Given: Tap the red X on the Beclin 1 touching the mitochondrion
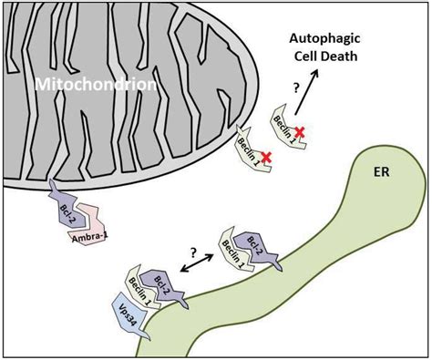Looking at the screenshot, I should click(265, 158).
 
